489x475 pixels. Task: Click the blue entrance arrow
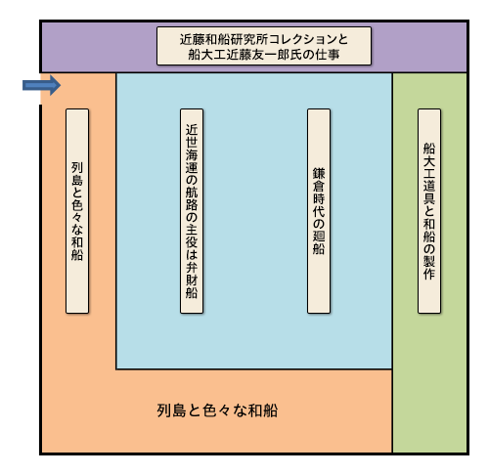coord(41,85)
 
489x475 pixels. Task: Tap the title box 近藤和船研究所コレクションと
coord(264,46)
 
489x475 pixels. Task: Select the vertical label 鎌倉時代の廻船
coord(319,211)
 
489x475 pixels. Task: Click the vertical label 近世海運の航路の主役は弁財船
coord(192,211)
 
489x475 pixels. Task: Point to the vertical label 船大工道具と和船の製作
coord(429,211)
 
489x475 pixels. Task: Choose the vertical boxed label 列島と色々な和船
coord(77,211)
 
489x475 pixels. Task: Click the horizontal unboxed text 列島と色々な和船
coord(217,410)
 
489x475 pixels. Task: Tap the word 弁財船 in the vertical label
coord(192,281)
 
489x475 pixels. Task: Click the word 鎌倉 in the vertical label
coord(319,180)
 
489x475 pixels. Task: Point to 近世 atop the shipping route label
coord(192,136)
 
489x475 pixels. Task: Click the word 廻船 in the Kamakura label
coord(319,242)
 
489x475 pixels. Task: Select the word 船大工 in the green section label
coord(429,161)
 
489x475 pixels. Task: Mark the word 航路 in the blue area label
coord(192,198)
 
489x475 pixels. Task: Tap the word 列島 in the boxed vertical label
coord(77,174)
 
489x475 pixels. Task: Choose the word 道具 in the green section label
coord(429,193)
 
